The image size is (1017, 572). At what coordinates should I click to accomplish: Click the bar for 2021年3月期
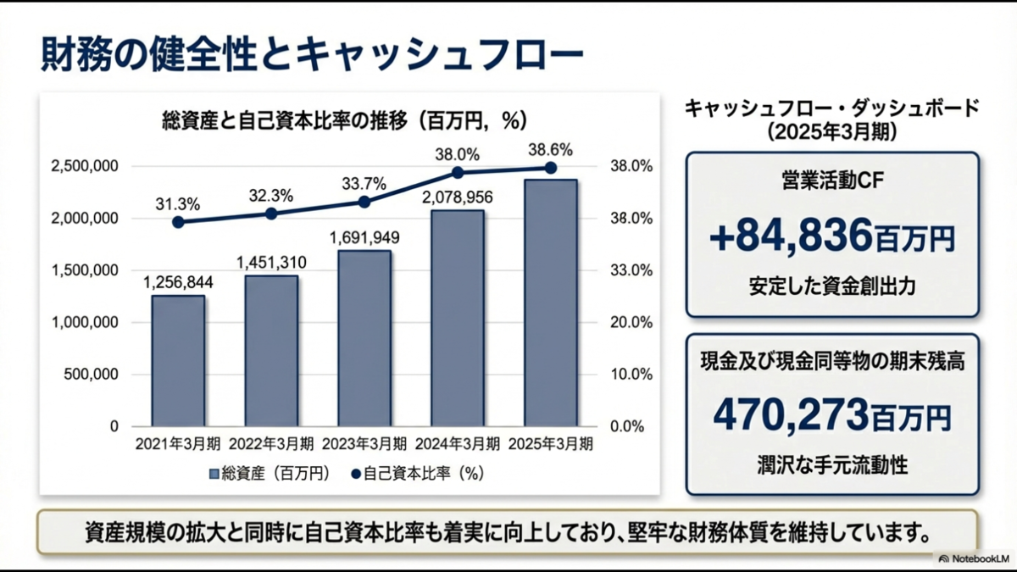(x=179, y=361)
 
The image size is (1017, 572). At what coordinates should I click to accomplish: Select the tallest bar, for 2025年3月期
(x=551, y=303)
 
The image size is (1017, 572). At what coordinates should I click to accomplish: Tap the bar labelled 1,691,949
(x=364, y=338)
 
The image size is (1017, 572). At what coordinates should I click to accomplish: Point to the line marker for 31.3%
(x=179, y=222)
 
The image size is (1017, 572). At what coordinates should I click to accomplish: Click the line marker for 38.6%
(x=551, y=168)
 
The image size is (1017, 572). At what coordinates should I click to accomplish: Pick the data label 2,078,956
(x=457, y=197)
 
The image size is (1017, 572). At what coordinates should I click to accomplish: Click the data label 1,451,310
(x=271, y=263)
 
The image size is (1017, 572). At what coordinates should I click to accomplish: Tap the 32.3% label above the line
(x=271, y=196)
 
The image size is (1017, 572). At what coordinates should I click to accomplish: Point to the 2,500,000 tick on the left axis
(x=85, y=166)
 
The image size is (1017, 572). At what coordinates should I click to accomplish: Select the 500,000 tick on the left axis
(x=91, y=375)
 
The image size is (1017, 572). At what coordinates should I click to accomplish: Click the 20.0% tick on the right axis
(x=631, y=323)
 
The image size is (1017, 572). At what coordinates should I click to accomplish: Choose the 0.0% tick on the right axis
(x=627, y=427)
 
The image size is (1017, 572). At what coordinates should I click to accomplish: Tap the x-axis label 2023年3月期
(x=364, y=444)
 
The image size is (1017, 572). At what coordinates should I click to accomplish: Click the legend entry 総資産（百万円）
(x=270, y=474)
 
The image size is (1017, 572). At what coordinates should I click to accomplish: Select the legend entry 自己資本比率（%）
(x=418, y=474)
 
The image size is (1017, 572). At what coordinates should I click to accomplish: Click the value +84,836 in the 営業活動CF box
(x=791, y=236)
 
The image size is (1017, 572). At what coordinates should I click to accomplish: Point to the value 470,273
(x=791, y=415)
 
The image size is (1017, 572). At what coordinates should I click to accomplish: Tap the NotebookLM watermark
(x=975, y=558)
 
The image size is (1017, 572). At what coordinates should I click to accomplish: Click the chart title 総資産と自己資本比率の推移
(x=285, y=121)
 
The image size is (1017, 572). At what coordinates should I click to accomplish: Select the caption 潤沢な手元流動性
(x=832, y=466)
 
